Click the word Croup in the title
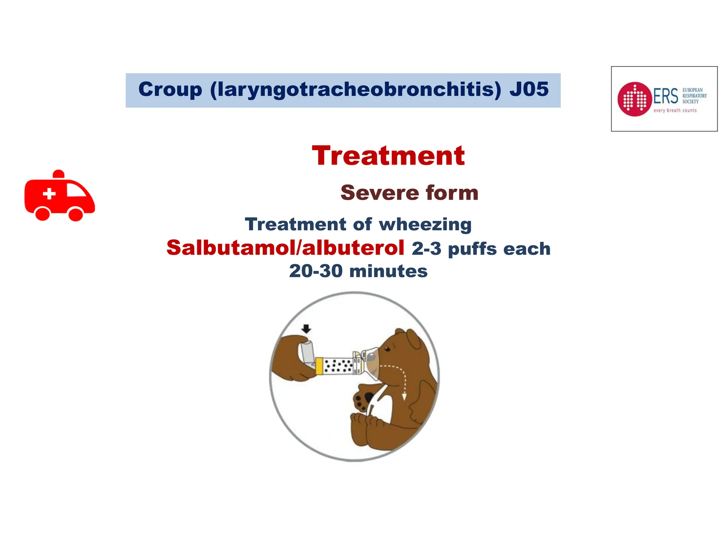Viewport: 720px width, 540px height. click(x=170, y=89)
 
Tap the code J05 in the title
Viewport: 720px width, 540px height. click(x=529, y=89)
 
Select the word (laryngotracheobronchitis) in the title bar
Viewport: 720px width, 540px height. click(x=355, y=89)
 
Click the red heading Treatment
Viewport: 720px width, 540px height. click(x=388, y=156)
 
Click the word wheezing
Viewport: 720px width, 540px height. click(x=425, y=224)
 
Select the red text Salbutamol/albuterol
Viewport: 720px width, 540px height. click(x=285, y=248)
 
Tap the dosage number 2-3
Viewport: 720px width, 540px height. click(x=426, y=249)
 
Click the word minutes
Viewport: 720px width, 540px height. click(x=388, y=271)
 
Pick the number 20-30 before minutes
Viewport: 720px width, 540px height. click(x=316, y=271)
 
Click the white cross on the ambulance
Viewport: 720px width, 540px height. click(x=49, y=194)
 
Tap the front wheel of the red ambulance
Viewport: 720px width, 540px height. click(x=76, y=214)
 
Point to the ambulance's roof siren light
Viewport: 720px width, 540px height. click(x=58, y=174)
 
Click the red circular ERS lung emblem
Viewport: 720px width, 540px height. click(x=635, y=99)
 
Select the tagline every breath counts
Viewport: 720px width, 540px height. click(x=675, y=110)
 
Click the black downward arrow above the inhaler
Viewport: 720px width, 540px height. click(x=307, y=329)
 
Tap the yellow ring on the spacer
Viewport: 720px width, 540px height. click(x=319, y=366)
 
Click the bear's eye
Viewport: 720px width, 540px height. click(x=387, y=349)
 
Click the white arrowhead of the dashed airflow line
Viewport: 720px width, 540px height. click(x=404, y=397)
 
